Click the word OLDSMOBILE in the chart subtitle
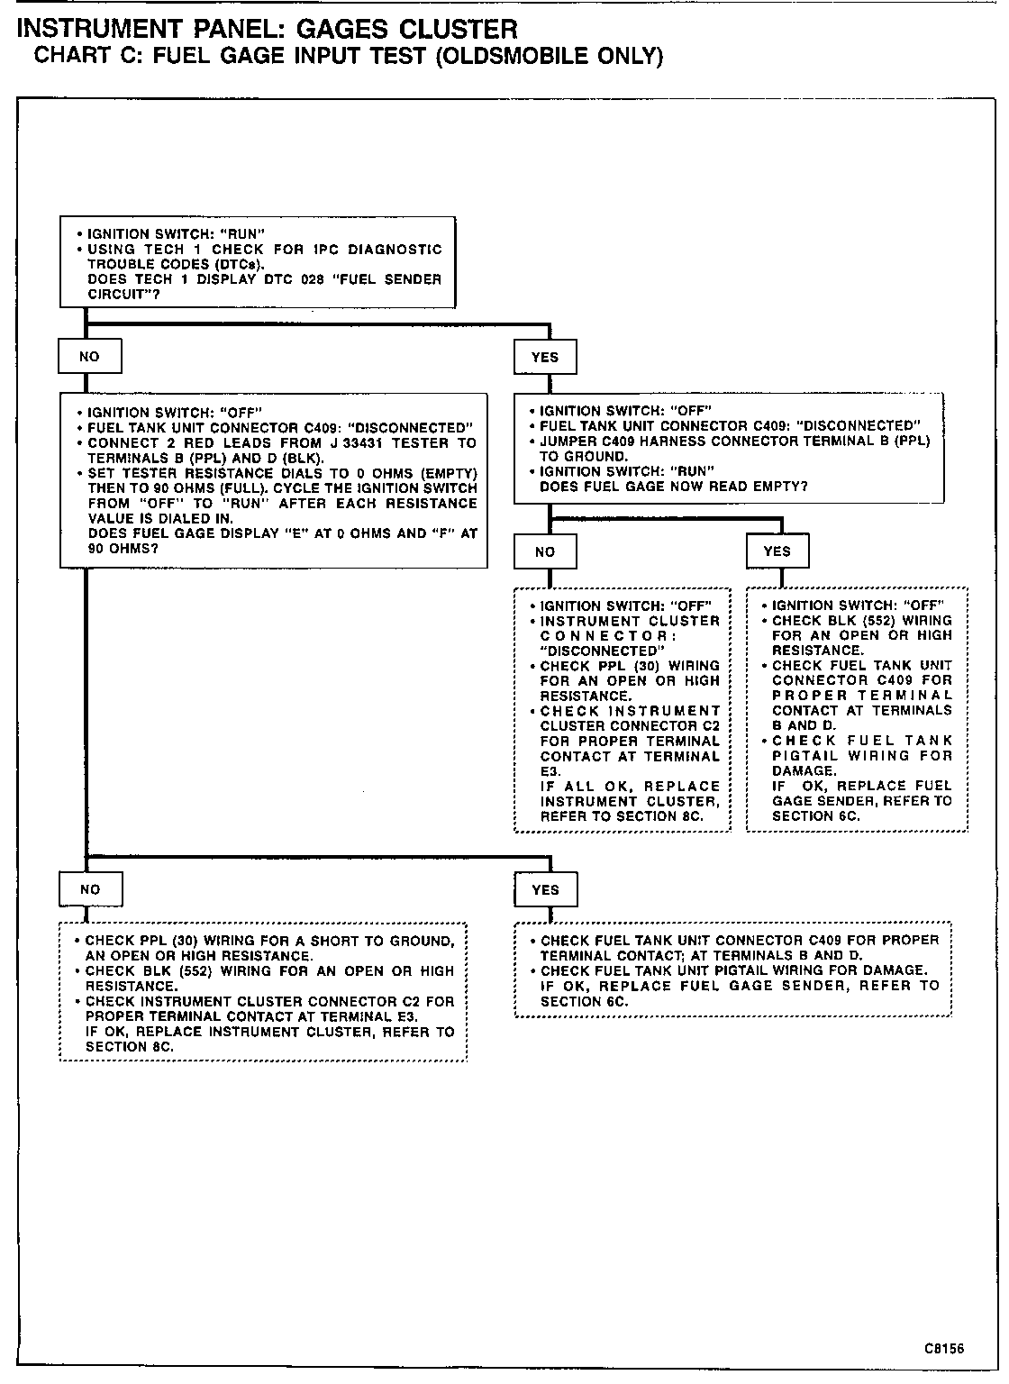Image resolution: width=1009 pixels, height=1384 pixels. [514, 57]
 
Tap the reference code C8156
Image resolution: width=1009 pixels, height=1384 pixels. [943, 1349]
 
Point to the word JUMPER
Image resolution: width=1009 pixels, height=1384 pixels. [567, 441]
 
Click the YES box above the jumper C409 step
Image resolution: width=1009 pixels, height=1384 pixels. [545, 357]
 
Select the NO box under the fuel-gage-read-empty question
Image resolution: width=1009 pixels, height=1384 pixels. [545, 551]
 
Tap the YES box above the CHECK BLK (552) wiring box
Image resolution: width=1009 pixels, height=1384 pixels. [777, 551]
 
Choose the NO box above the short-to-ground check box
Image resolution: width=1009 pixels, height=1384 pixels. [90, 889]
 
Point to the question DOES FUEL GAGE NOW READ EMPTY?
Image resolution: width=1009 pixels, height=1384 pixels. [674, 487]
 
